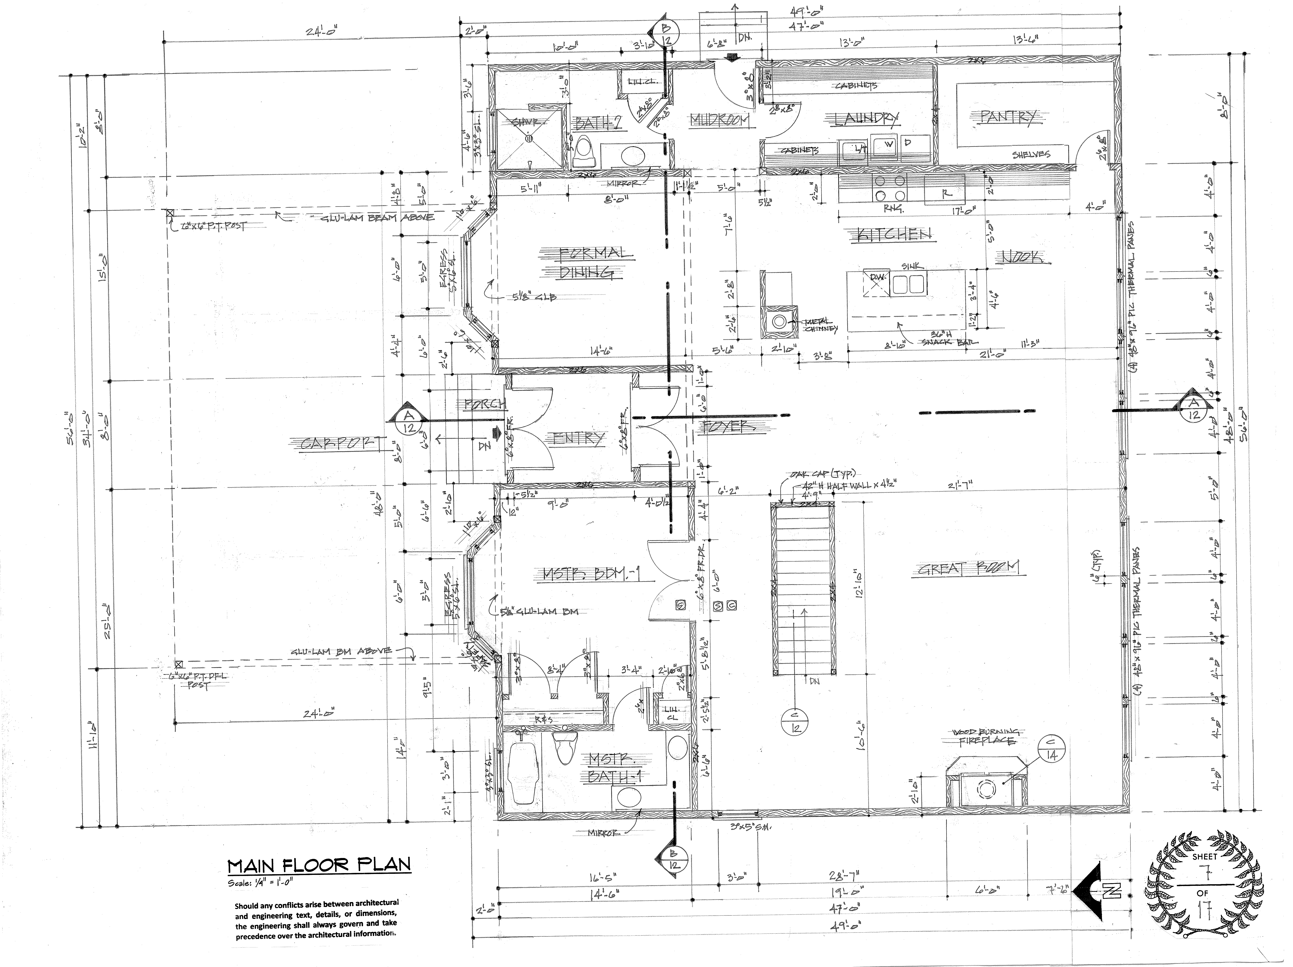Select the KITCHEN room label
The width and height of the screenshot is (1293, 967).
[894, 235]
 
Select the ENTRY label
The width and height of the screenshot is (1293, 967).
[576, 439]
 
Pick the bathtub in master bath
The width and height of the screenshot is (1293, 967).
[523, 772]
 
